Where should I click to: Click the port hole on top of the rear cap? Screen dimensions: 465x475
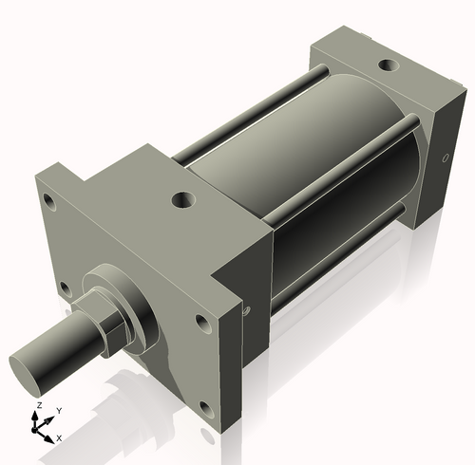coord(388,65)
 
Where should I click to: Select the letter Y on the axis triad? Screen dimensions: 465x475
coord(59,410)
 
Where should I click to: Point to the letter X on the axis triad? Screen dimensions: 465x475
coord(59,437)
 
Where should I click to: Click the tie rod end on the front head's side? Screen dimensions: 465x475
coord(248,309)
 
